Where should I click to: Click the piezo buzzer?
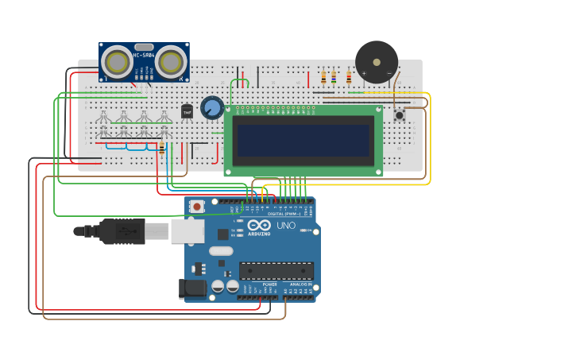coord(376,61)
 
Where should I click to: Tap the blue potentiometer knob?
coord(212,107)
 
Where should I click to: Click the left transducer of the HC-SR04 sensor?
coord(118,61)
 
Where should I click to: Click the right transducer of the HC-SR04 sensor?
coord(170,61)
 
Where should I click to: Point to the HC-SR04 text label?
coord(144,54)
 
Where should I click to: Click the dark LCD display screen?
coord(303,141)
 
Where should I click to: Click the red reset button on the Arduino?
coord(196,207)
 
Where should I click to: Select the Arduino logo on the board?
coord(259,226)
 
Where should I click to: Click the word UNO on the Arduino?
coord(285,226)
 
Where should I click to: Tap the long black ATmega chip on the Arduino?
coord(276,270)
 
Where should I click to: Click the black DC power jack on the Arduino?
coord(193,288)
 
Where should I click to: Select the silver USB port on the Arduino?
coord(187,231)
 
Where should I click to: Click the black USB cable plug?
coord(119,231)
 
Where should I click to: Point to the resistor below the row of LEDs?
coord(162,148)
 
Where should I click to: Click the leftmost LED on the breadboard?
coord(102,118)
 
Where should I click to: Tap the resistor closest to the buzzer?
coord(349,78)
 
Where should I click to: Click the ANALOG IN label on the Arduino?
coord(299,284)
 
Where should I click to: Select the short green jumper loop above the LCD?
coord(239,83)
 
